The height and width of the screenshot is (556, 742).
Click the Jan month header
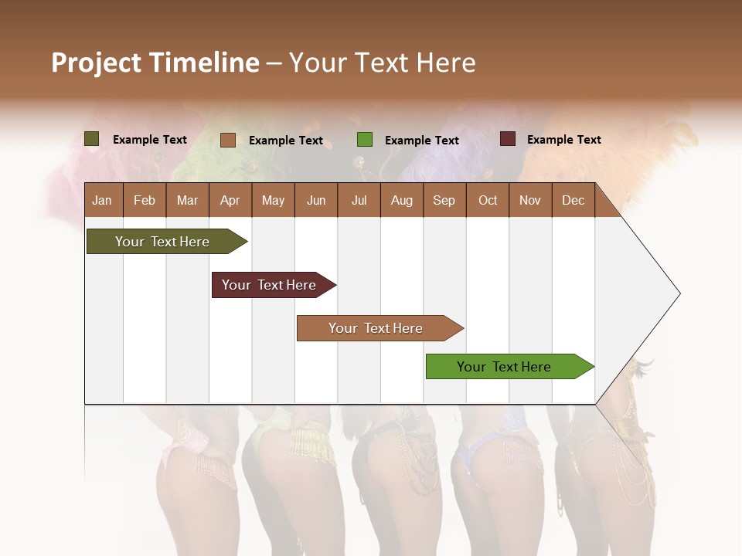[x=102, y=201]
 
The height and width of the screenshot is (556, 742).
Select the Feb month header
[x=145, y=201]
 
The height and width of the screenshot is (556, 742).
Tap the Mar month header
[x=187, y=201]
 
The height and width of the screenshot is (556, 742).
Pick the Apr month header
[x=230, y=201]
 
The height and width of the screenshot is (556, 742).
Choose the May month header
[x=273, y=201]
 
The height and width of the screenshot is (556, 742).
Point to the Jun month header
[x=316, y=201]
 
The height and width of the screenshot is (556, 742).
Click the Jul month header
[x=359, y=201]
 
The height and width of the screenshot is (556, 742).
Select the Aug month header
[x=401, y=201]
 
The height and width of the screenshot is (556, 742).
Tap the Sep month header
[x=444, y=201]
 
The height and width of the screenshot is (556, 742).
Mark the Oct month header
[x=488, y=201]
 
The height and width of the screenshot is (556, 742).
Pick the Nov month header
[x=530, y=201]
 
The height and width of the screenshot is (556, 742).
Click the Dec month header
[x=573, y=201]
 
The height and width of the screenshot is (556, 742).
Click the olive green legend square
[x=92, y=139]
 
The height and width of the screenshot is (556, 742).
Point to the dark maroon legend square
[x=507, y=139]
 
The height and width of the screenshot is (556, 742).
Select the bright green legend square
[x=365, y=140]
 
